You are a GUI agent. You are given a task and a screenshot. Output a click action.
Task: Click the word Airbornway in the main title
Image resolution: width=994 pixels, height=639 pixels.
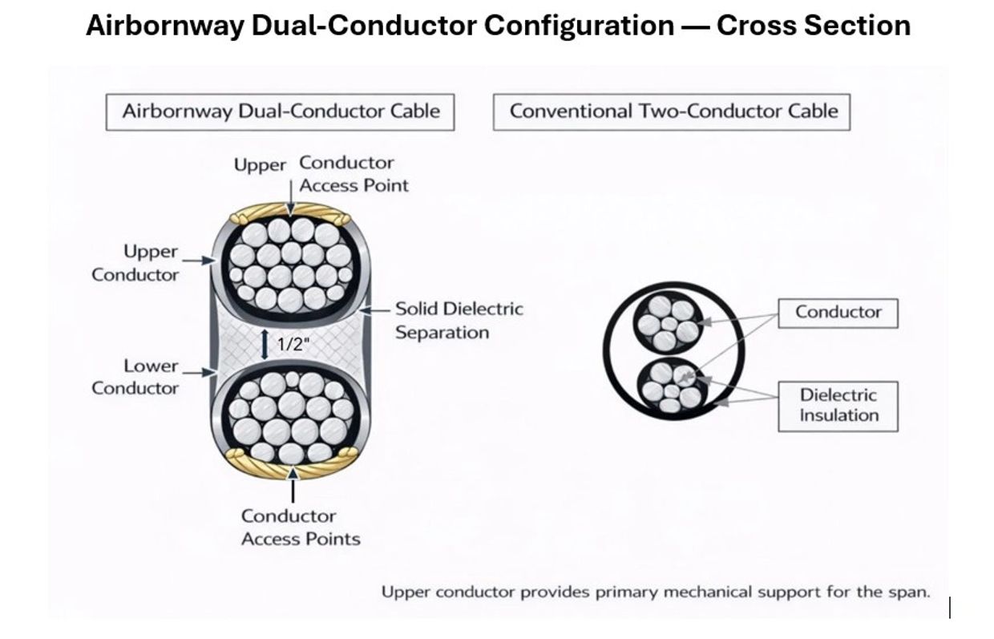(x=165, y=26)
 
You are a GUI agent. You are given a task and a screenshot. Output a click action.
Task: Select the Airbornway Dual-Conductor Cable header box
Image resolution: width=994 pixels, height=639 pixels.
(x=280, y=111)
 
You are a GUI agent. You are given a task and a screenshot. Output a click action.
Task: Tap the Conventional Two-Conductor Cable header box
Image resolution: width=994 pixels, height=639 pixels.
(x=672, y=111)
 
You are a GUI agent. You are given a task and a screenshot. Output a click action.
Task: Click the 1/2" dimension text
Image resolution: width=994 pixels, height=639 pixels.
(x=293, y=344)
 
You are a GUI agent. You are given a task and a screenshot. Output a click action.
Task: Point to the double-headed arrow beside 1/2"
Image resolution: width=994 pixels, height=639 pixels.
(x=265, y=344)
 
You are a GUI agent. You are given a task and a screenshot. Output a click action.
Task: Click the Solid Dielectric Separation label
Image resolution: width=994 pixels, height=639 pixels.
(x=459, y=321)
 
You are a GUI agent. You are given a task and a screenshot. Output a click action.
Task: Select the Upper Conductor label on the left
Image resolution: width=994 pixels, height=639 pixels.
(x=135, y=263)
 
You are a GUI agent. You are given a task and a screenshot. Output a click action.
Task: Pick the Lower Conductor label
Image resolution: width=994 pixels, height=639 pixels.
(x=135, y=377)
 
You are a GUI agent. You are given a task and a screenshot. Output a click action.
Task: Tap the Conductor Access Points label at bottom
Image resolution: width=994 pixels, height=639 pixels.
(x=301, y=528)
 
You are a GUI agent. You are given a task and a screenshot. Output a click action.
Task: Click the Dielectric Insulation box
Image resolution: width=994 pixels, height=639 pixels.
(x=838, y=406)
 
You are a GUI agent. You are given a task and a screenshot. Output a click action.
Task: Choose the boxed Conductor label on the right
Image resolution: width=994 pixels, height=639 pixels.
(x=838, y=313)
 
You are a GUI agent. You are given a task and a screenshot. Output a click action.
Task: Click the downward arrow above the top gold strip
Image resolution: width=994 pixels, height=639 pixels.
(x=291, y=198)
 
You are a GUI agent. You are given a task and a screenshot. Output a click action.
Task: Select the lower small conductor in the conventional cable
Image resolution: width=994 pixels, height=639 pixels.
(x=672, y=386)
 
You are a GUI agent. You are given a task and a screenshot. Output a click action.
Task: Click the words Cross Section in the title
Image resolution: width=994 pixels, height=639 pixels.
(x=814, y=26)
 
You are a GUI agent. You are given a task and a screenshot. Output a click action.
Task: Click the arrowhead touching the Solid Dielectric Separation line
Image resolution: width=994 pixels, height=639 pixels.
(x=365, y=310)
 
